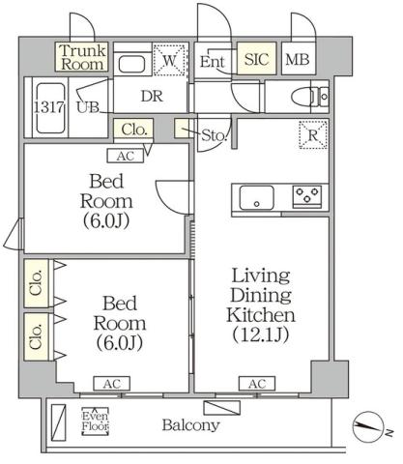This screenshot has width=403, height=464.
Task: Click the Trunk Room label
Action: coord(80,57)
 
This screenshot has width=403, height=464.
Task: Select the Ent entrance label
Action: coord(213,61)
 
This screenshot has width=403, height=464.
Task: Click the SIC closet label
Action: coord(256,60)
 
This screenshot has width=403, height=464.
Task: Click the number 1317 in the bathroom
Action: coord(47,106)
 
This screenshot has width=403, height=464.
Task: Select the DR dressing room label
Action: coord(152,97)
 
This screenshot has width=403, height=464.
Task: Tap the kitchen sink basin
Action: coord(257,199)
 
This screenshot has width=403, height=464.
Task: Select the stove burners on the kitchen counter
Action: coord(307,198)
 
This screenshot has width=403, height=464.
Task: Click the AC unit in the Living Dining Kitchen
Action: coord(256,384)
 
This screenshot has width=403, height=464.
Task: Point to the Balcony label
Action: coord(189,424)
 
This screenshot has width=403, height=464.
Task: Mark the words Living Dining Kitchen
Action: coord(256,295)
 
